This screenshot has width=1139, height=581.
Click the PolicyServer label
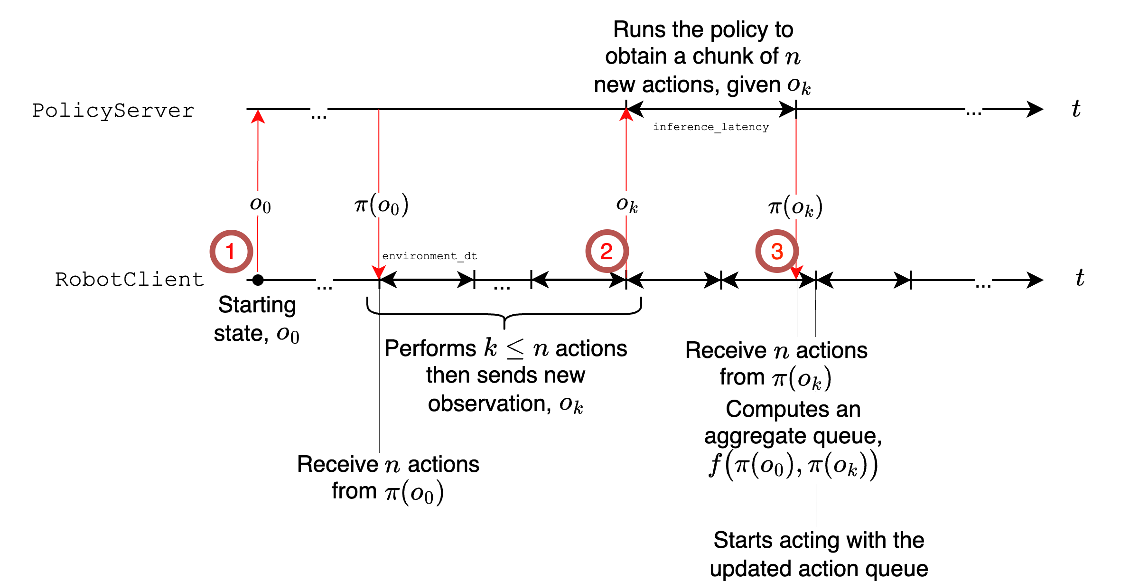click(113, 111)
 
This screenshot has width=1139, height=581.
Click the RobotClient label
click(129, 280)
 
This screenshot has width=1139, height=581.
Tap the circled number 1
click(231, 252)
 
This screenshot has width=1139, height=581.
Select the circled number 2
click(607, 252)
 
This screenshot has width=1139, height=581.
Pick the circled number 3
click(777, 252)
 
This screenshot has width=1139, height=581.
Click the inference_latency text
click(710, 127)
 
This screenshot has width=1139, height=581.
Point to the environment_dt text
click(429, 256)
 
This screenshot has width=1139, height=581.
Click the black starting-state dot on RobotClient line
click(258, 280)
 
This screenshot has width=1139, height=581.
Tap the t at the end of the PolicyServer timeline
click(1076, 109)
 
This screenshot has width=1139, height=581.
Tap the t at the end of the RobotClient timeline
click(1080, 278)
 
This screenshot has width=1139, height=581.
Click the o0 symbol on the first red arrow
click(260, 205)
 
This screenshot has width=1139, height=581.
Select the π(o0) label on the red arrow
click(381, 205)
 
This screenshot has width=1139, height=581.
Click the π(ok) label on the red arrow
click(795, 207)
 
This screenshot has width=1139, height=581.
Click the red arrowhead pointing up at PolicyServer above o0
click(258, 117)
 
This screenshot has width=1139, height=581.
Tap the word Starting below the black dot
click(257, 305)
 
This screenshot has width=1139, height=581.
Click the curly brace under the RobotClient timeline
click(504, 314)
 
